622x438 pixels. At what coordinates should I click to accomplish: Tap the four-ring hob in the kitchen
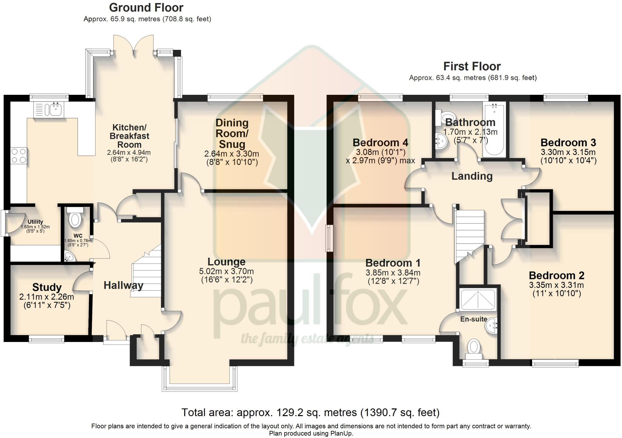pos(19,156)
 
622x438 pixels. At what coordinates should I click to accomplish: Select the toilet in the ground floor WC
pos(75,219)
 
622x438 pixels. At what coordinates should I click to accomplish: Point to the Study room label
pos(47,287)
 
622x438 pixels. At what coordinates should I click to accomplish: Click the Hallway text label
pos(123,285)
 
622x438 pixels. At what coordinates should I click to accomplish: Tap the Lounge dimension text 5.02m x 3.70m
pos(226,271)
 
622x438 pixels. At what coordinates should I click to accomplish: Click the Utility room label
pos(35,222)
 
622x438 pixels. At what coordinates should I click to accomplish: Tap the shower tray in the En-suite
pos(478,299)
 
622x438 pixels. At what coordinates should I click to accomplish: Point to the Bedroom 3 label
pos(568,143)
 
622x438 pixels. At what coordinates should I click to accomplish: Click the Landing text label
pos(472,176)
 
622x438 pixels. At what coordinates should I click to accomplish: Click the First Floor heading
pos(472,66)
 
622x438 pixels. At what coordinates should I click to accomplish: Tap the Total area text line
pos(310,412)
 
